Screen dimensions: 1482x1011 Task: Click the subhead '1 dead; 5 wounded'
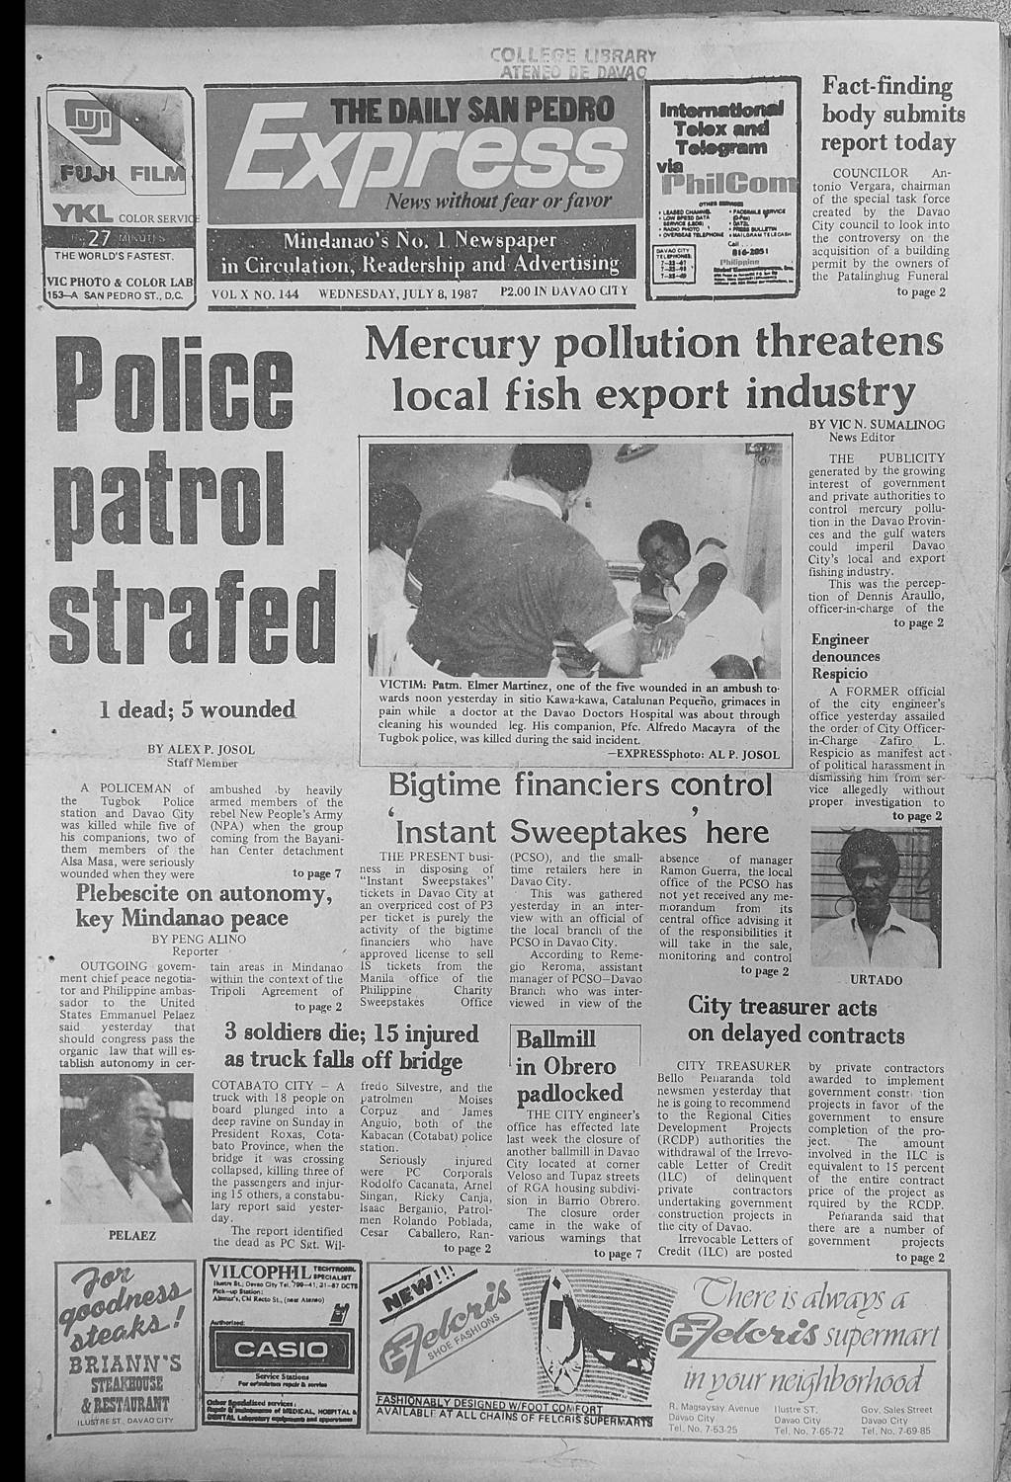197,709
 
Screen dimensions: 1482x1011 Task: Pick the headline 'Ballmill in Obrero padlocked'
568,1067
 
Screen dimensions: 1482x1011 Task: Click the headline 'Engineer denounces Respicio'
846,656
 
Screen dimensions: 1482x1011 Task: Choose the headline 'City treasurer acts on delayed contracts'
796,1021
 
